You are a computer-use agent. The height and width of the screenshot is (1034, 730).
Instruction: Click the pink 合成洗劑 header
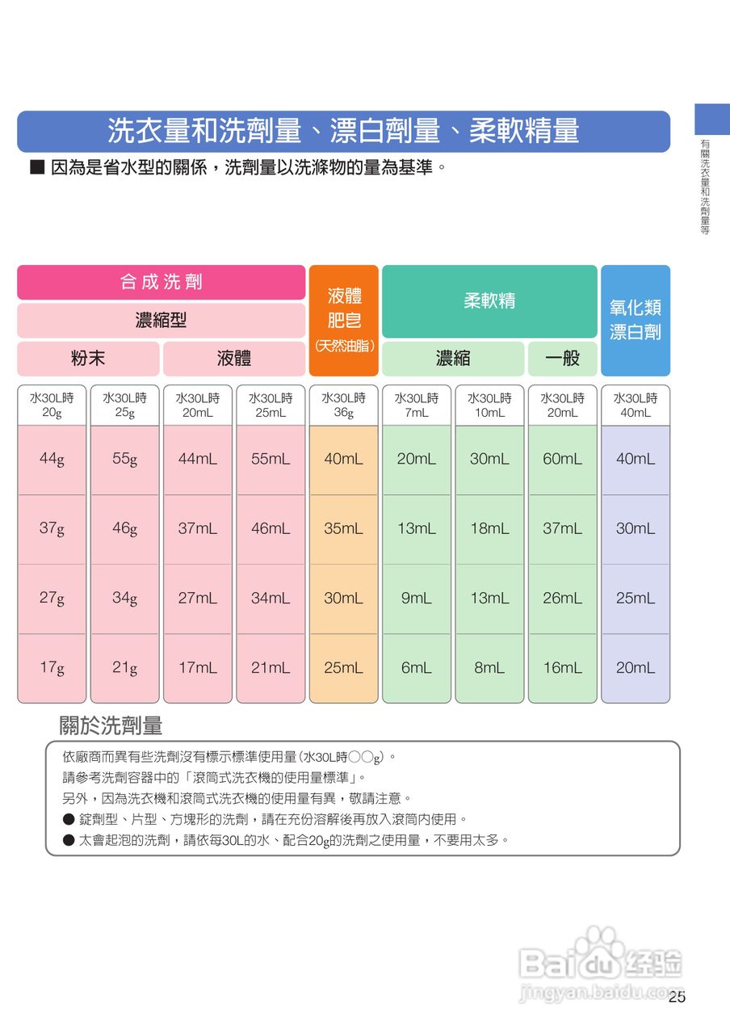(162, 282)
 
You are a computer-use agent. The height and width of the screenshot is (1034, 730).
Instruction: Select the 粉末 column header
(88, 359)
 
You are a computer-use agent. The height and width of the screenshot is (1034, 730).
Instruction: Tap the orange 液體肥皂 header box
(344, 320)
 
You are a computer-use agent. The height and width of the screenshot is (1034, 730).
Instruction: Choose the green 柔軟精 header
(489, 301)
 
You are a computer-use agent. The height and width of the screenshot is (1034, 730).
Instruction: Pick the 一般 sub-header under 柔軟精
(563, 359)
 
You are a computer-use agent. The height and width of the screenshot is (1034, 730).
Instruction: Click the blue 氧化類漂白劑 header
(636, 320)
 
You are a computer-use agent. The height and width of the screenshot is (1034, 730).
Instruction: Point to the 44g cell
(52, 460)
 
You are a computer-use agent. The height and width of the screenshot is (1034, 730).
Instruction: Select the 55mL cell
(271, 460)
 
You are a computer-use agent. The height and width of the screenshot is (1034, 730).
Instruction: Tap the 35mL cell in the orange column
(344, 529)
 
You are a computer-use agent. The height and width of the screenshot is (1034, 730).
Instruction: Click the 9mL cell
(417, 599)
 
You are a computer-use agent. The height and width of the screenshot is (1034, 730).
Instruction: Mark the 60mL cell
(563, 460)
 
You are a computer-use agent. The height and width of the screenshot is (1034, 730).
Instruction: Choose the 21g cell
(124, 668)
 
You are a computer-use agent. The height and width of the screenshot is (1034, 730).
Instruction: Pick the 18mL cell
(489, 529)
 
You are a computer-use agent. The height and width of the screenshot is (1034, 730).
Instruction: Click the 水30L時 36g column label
(344, 406)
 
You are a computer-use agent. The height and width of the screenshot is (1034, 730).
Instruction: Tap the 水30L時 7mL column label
(417, 406)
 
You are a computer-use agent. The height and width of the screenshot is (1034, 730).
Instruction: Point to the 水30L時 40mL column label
(636, 406)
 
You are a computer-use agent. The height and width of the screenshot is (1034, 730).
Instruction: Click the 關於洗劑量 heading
(111, 725)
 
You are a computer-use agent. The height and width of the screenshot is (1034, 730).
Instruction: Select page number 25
(677, 998)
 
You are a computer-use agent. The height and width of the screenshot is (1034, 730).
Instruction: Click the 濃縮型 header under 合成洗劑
(162, 320)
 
